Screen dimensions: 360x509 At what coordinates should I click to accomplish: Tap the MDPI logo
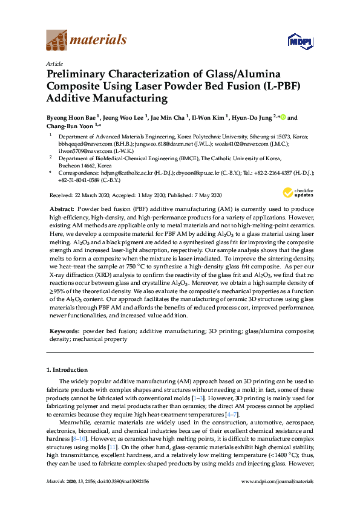295,41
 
